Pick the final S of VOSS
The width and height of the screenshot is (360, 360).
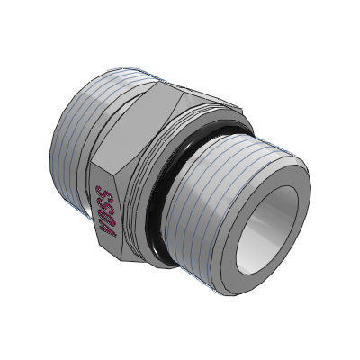(x=103, y=193)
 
